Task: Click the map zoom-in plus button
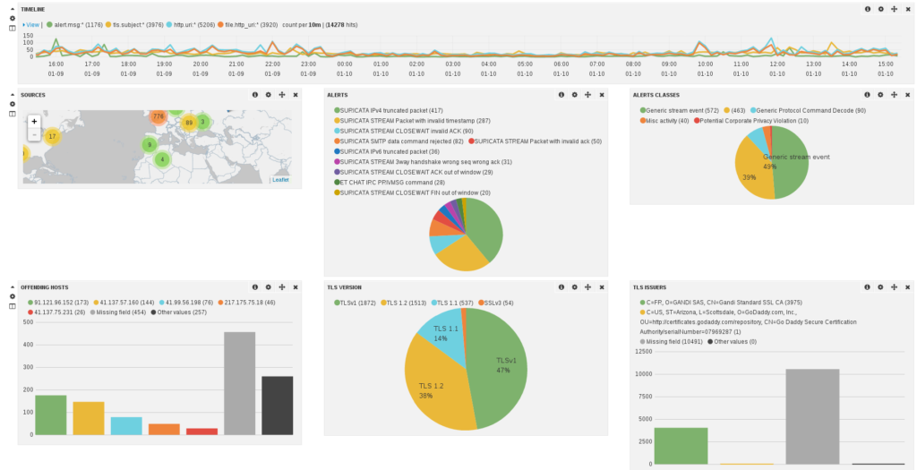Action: click(x=34, y=121)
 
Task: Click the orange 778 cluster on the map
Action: click(x=159, y=116)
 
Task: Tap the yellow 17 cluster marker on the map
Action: click(x=52, y=136)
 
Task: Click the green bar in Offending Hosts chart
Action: click(x=50, y=414)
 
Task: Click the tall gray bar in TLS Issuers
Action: click(x=812, y=416)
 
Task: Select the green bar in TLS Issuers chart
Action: click(x=681, y=446)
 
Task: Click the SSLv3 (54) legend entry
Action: click(x=498, y=302)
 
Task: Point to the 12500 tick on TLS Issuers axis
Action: click(x=641, y=350)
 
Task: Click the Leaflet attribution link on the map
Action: click(x=280, y=180)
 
